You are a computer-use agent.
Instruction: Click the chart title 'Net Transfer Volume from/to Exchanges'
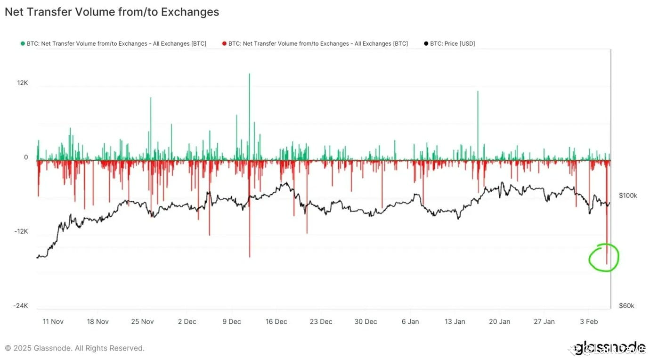tap(112, 12)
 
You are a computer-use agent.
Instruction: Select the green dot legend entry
tap(113, 43)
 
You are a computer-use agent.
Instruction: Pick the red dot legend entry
tap(315, 43)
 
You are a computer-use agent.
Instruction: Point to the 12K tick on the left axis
tap(23, 83)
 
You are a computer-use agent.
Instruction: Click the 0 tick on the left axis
tap(26, 157)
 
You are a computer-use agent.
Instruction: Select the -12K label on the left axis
tap(21, 231)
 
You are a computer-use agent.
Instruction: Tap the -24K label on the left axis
tap(21, 306)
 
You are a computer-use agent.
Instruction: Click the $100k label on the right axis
tap(627, 196)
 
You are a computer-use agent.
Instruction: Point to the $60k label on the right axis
tap(626, 306)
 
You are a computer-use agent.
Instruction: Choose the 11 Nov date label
tap(53, 321)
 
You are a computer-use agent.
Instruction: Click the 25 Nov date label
tap(142, 321)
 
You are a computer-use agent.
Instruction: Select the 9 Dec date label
tap(231, 321)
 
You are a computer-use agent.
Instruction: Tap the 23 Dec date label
tap(321, 321)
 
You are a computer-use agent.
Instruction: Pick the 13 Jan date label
tap(455, 321)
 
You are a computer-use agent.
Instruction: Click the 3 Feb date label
tap(589, 321)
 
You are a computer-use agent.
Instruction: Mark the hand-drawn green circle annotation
tap(604, 257)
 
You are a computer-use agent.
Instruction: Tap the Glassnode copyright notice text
tap(74, 348)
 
